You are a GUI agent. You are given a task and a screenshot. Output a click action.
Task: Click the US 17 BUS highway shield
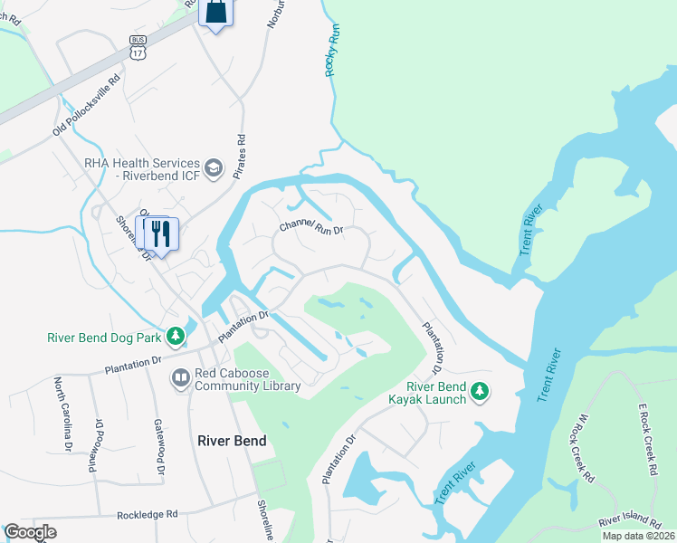pyautogui.click(x=138, y=47)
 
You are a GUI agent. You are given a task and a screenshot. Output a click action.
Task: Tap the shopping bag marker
pyautogui.click(x=215, y=13)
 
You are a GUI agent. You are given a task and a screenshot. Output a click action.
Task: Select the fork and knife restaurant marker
pyautogui.click(x=161, y=233)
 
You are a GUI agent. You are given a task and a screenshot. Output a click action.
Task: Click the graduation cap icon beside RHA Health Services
pyautogui.click(x=214, y=167)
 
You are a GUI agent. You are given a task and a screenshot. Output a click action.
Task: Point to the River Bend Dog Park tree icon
pyautogui.click(x=174, y=338)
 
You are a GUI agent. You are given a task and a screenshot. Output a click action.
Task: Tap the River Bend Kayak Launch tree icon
pyautogui.click(x=482, y=392)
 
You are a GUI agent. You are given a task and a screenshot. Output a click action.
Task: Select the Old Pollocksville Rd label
pyautogui.click(x=86, y=106)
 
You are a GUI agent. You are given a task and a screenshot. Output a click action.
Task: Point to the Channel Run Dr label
pyautogui.click(x=311, y=227)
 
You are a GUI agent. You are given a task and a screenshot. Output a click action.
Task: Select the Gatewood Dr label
pyautogui.click(x=158, y=448)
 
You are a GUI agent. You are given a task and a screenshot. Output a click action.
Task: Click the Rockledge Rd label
pyautogui.click(x=147, y=514)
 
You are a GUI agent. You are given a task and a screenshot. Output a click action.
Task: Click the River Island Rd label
pyautogui.click(x=632, y=520)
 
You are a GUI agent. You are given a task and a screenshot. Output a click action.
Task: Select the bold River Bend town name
pyautogui.click(x=233, y=441)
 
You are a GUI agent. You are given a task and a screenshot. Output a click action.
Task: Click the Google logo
pyautogui.click(x=30, y=532)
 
